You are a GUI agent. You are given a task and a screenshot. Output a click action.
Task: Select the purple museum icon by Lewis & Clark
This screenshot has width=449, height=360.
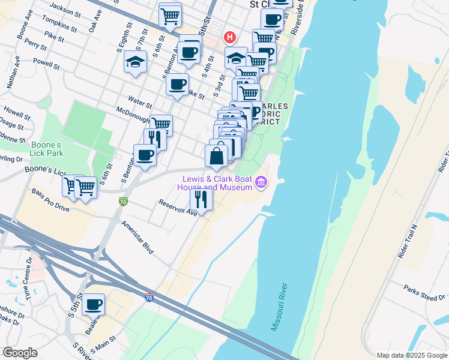261,182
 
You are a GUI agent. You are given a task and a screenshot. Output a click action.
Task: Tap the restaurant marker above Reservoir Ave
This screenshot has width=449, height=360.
201,199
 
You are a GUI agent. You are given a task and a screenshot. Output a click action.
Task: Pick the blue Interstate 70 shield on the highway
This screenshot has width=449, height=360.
149,296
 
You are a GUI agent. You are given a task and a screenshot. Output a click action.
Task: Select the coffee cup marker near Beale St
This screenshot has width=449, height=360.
93,305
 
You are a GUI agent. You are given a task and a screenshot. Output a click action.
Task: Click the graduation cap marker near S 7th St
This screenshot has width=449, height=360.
135,62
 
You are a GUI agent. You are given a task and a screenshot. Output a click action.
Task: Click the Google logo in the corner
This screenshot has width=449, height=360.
20,353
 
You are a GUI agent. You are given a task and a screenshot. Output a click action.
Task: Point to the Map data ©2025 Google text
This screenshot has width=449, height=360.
411,355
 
